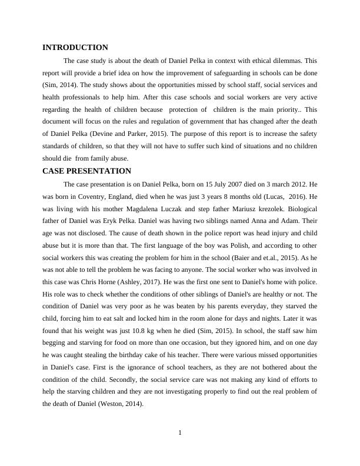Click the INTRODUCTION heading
click(75, 48)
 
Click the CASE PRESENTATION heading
click(86, 171)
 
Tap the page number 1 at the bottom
click(180, 434)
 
